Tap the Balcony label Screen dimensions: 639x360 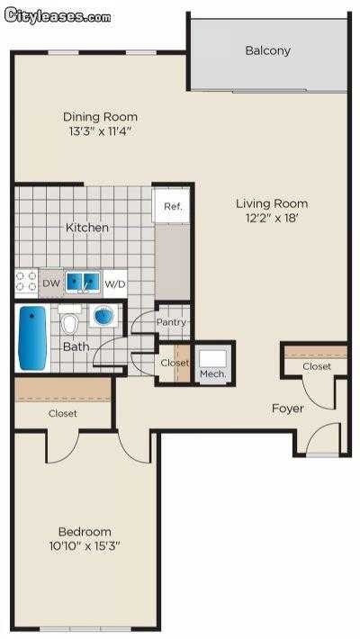pos(268,51)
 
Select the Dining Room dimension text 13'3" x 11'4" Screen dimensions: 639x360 pos(100,130)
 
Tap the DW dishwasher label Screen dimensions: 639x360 pos(51,283)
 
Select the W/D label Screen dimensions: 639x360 pos(115,284)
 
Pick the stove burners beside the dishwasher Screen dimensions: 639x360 pos(26,283)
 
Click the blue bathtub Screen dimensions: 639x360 pos(31,337)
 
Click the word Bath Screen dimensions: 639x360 pos(76,346)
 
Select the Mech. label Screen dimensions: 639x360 pos(212,373)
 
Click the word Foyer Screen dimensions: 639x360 pos(288,409)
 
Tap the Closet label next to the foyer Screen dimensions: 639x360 pos(317,366)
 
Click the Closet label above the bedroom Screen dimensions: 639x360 pos(63,413)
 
